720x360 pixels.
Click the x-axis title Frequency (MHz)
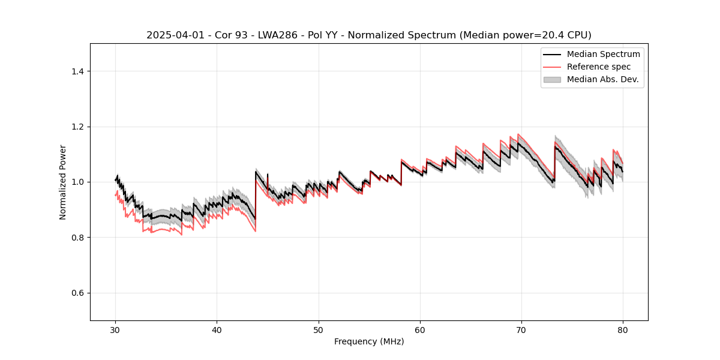(x=369, y=341)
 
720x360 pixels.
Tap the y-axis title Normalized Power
(x=63, y=182)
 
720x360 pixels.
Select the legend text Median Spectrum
(x=603, y=54)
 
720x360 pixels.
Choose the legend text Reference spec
(x=599, y=67)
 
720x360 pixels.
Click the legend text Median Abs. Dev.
(x=602, y=79)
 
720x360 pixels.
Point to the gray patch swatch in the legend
(x=552, y=79)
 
